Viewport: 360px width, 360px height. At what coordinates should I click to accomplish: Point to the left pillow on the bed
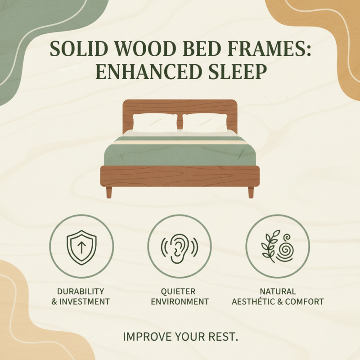(x=154, y=122)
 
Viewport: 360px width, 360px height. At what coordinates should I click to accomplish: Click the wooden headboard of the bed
(x=180, y=106)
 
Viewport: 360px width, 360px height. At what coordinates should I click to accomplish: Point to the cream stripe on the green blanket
(x=180, y=141)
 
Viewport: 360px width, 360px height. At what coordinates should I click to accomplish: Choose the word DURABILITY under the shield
(x=81, y=292)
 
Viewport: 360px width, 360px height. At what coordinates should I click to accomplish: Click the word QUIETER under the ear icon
(x=180, y=292)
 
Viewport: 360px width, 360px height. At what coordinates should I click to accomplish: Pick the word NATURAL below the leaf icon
(x=278, y=292)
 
